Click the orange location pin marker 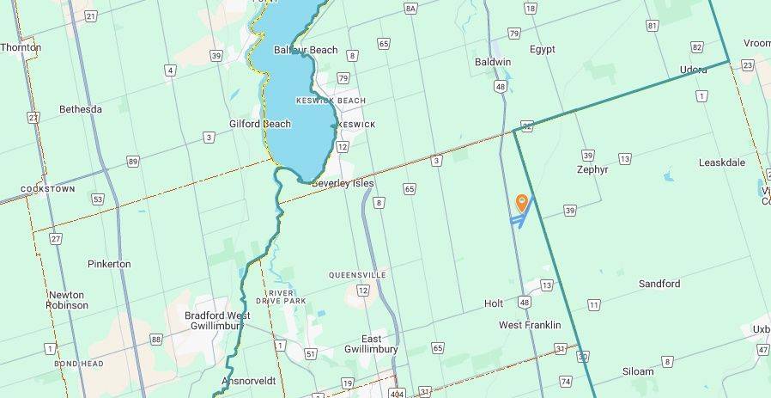point(521,203)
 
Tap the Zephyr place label point(592,169)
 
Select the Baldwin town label point(493,62)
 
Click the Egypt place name point(543,49)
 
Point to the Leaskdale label point(721,162)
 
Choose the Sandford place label point(659,284)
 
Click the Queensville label point(357,275)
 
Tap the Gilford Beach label point(259,124)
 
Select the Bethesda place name point(81,109)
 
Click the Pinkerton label point(109,264)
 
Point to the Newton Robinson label point(68,300)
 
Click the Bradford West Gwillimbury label point(218,321)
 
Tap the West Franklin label point(530,325)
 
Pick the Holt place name point(494,303)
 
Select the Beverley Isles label point(343,184)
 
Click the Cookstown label point(47,189)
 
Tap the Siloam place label point(638,371)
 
